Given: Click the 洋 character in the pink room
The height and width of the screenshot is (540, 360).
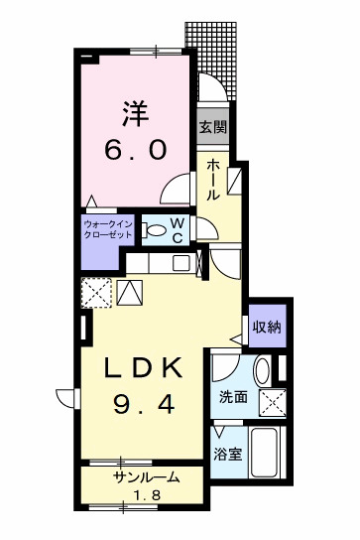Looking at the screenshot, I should [x=136, y=112].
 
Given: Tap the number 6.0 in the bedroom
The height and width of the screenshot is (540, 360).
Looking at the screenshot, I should [x=136, y=150].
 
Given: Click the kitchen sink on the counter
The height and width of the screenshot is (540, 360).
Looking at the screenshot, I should [x=182, y=263].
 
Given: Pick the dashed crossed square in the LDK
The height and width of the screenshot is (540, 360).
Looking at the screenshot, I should [x=96, y=293].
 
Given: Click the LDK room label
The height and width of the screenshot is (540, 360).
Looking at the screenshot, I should [x=145, y=369].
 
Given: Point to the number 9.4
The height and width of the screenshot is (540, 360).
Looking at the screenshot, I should [x=145, y=405].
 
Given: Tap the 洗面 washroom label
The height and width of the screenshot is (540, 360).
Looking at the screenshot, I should [x=233, y=397].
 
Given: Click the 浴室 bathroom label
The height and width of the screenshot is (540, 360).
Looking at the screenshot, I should [x=228, y=455].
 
